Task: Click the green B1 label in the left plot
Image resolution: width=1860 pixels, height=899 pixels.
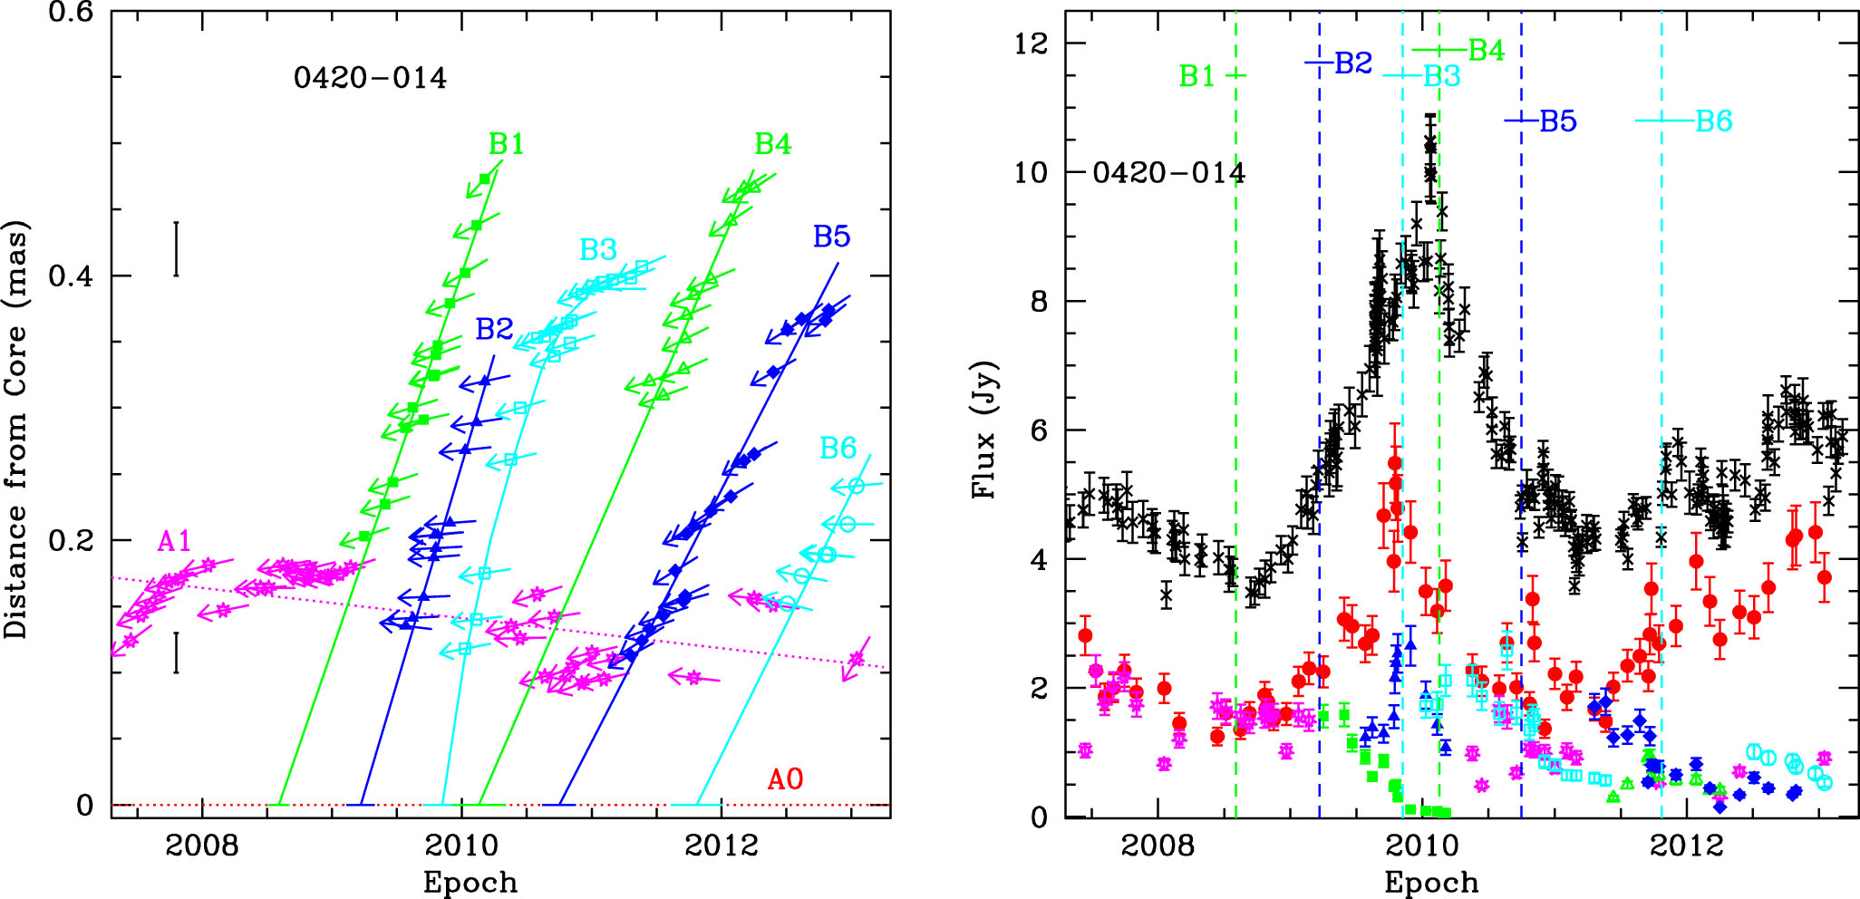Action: pyautogui.click(x=507, y=144)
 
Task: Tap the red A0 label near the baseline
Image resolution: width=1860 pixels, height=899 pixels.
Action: pyautogui.click(x=785, y=779)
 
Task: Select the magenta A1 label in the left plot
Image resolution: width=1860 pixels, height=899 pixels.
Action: pyautogui.click(x=174, y=542)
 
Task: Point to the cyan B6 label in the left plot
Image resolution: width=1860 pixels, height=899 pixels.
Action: pyautogui.click(x=838, y=448)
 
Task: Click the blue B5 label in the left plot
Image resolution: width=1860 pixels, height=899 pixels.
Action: pyautogui.click(x=831, y=237)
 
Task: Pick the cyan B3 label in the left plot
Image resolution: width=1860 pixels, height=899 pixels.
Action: pyautogui.click(x=598, y=249)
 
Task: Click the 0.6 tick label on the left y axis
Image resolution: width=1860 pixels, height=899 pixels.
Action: pyautogui.click(x=73, y=14)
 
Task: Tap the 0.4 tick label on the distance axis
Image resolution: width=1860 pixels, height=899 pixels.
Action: pyautogui.click(x=73, y=275)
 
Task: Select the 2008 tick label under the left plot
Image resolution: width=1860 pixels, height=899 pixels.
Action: pyautogui.click(x=202, y=846)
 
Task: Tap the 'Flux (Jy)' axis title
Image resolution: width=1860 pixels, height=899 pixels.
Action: pyautogui.click(x=984, y=430)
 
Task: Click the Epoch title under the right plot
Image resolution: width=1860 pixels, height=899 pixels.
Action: pyautogui.click(x=1431, y=883)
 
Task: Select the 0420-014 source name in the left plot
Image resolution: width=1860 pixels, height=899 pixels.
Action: pyautogui.click(x=370, y=78)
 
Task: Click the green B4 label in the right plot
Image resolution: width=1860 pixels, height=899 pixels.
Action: pyautogui.click(x=1487, y=51)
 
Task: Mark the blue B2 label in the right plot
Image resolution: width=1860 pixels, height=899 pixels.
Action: pyautogui.click(x=1354, y=63)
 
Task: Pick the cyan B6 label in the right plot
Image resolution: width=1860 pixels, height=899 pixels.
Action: pyautogui.click(x=1714, y=121)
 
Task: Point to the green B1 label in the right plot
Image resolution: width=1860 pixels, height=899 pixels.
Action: pyautogui.click(x=1196, y=76)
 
